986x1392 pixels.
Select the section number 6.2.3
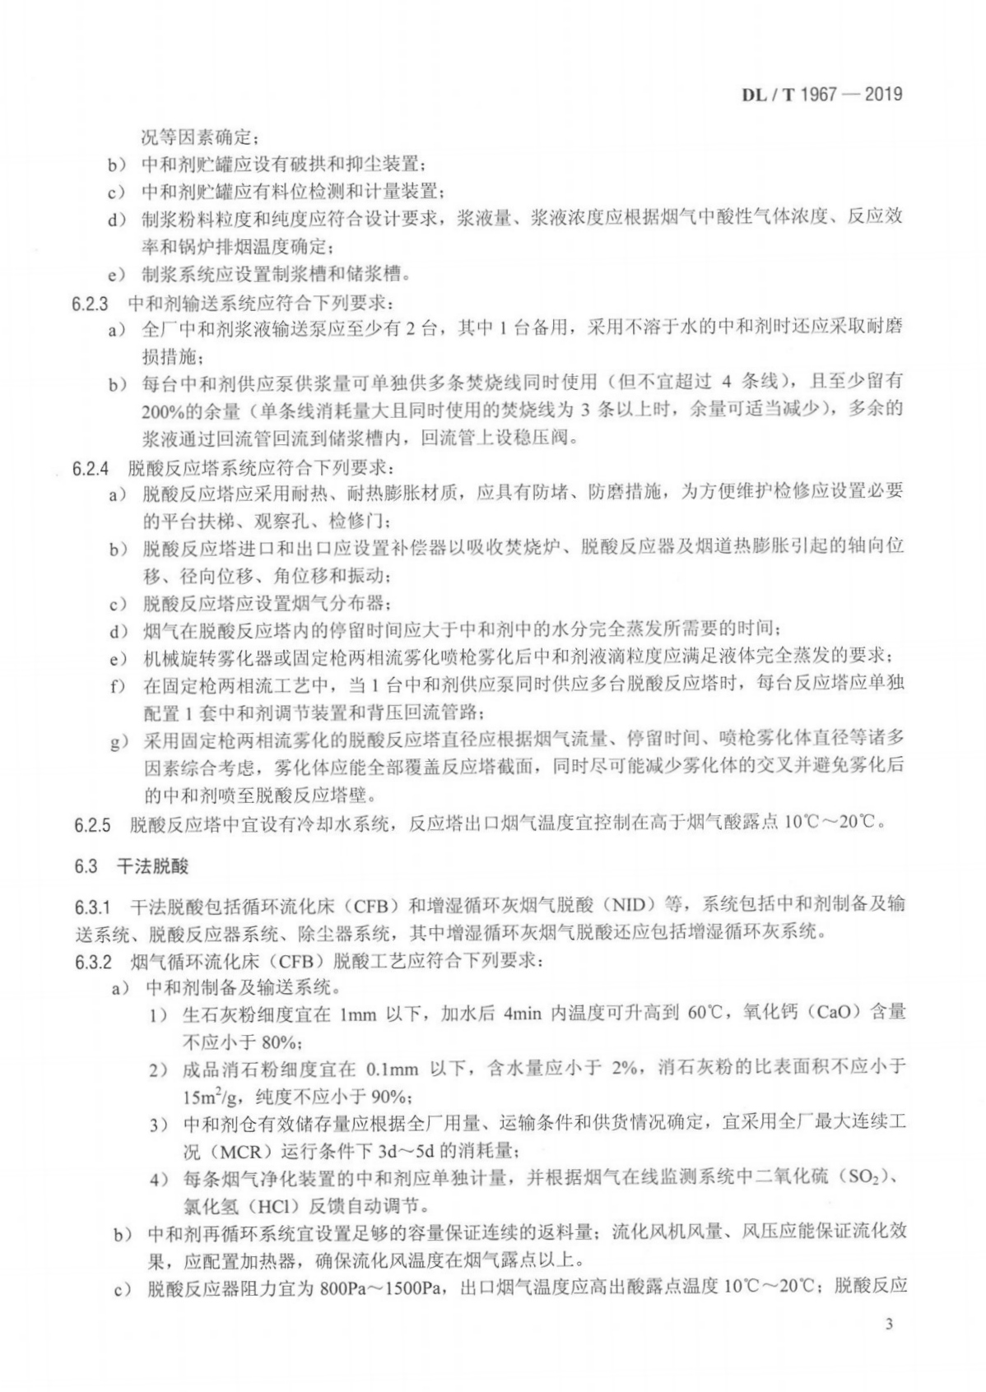click(x=91, y=302)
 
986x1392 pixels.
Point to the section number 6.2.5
click(x=91, y=824)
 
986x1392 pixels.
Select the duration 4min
click(x=523, y=1013)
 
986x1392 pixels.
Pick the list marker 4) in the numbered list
click(x=159, y=1180)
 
